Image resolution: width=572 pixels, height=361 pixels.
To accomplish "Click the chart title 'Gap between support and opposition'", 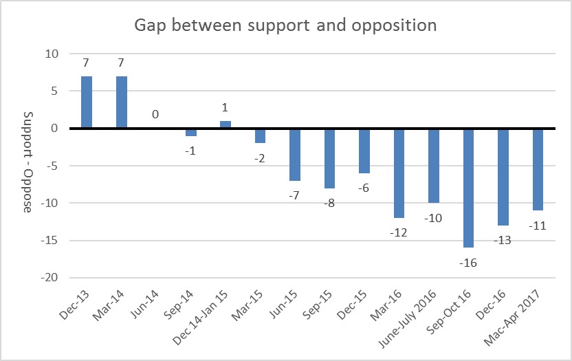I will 286,26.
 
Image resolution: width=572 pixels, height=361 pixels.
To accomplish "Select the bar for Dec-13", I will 87,102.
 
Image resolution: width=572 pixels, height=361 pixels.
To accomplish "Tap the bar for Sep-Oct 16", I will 469,188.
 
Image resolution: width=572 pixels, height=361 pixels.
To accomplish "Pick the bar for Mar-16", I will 399,173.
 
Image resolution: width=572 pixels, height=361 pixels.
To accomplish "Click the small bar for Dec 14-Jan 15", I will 225,124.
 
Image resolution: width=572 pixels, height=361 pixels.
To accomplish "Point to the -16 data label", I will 469,262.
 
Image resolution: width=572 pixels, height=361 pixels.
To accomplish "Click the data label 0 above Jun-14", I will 156,114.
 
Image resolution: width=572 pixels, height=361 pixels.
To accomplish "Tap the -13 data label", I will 504,239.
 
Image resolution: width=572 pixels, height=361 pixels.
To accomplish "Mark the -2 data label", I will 261,157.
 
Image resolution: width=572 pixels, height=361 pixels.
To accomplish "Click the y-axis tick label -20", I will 51,278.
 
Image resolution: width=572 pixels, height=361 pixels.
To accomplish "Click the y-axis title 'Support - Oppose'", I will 28,161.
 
